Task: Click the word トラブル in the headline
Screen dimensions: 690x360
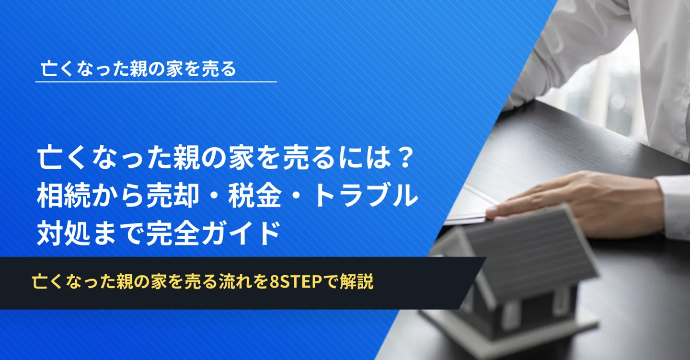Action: [x=365, y=196]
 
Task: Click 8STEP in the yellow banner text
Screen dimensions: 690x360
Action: [x=296, y=281]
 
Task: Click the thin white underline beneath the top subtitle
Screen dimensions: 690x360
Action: [x=156, y=82]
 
